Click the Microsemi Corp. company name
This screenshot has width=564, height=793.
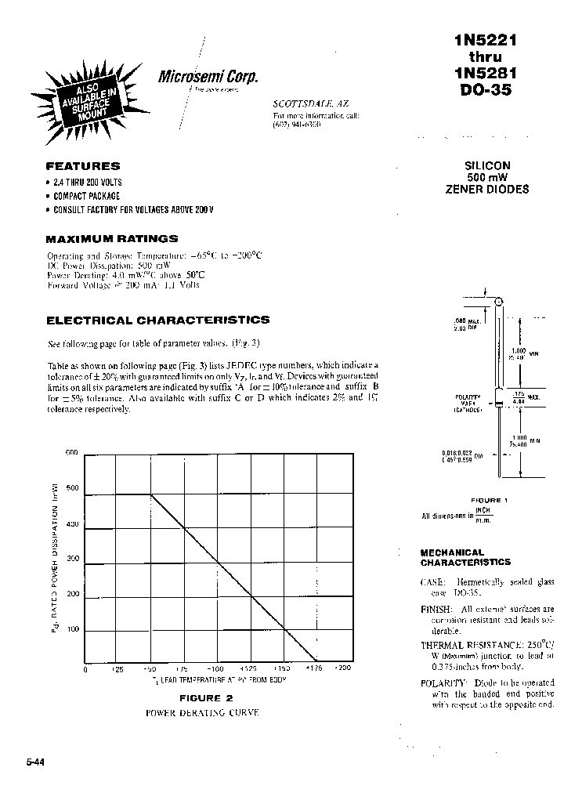pos(208,77)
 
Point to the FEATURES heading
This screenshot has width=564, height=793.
pos(82,166)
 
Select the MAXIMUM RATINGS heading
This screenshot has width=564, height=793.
pos(111,238)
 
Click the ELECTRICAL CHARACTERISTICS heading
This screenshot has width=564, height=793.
pos(157,320)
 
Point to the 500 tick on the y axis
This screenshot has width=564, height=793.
pos(72,489)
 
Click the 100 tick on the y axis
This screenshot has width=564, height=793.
pos(72,630)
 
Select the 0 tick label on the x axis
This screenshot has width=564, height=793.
pos(85,669)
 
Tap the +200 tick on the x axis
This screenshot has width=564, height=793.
pos(343,669)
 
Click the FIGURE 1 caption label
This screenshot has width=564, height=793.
pos(490,500)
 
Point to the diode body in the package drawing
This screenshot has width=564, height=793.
pos(499,396)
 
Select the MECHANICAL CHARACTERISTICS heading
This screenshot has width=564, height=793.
pos(465,557)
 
